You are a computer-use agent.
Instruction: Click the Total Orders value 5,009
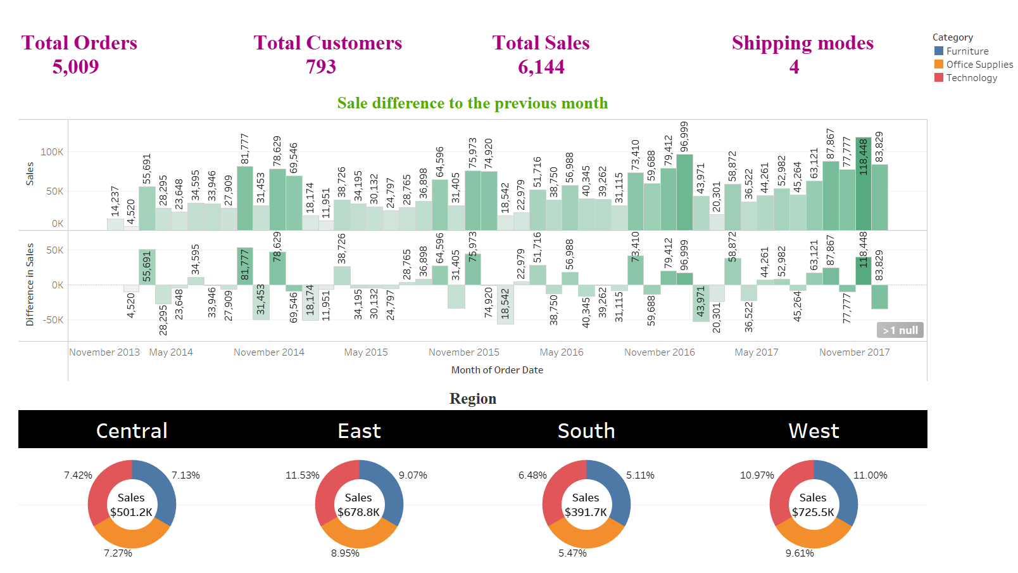(75, 67)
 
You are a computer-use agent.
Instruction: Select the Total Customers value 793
(321, 67)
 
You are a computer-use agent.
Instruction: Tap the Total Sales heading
(541, 42)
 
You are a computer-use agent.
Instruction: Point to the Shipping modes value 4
(794, 67)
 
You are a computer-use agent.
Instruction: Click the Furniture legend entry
(967, 51)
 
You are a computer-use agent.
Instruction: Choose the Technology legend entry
(971, 78)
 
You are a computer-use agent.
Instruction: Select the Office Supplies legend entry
(979, 65)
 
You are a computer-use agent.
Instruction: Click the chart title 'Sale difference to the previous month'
(472, 103)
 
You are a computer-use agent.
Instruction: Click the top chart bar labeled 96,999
(684, 193)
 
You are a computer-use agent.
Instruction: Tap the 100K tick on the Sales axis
(52, 152)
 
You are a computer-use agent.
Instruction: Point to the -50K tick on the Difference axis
(53, 320)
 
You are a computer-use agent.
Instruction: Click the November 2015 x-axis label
(463, 352)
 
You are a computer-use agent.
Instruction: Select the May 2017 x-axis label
(756, 352)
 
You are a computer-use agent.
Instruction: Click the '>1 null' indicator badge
(900, 330)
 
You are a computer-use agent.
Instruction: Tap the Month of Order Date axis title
(497, 370)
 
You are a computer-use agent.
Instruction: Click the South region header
(586, 431)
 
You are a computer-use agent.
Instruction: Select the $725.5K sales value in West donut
(813, 512)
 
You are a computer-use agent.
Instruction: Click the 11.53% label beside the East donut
(302, 475)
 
